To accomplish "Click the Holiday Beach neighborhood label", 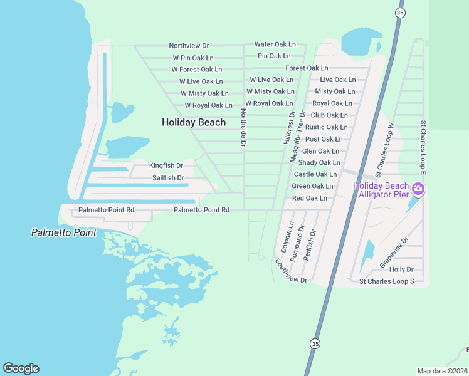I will pos(194,122).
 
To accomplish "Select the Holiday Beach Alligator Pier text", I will pos(381,190).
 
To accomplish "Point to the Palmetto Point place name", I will pos(64,232).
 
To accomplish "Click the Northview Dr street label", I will pos(189,46).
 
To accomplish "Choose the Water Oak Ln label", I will pos(275,44).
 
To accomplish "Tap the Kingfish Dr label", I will pos(166,166).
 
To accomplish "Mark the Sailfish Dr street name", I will pos(168,178).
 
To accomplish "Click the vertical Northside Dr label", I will pos(243,128).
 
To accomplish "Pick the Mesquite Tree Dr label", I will pos(302,137).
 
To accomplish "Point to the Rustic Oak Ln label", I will pos(326,127).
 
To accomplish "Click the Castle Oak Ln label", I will pos(315,174).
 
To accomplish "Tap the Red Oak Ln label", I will pos(310,198).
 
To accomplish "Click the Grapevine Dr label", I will pos(394,253).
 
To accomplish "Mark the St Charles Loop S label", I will pos(386,282).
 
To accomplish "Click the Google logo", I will pos(21,368).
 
